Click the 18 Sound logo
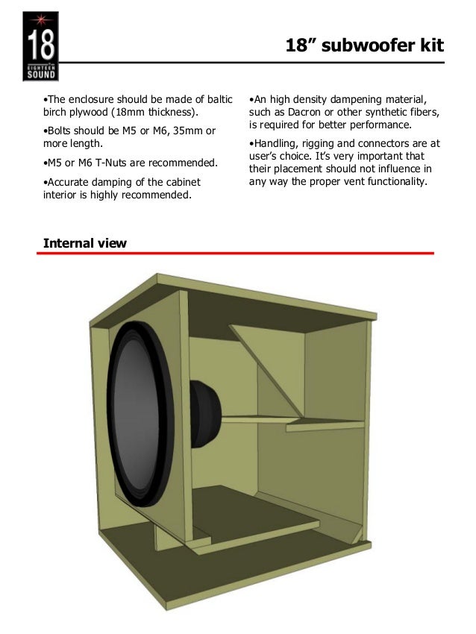click(40, 45)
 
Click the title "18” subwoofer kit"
click(365, 46)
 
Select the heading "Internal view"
click(85, 243)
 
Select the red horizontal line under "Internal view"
click(235, 254)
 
